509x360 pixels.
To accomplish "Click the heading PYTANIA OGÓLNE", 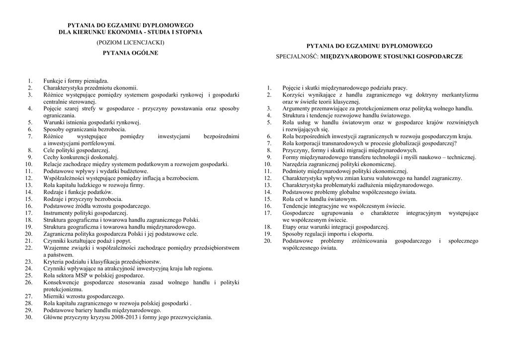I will coord(130,53).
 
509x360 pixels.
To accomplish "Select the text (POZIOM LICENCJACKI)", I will coord(130,43).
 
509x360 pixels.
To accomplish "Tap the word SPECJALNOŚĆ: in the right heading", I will coord(297,57).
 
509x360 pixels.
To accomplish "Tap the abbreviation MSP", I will coord(83,275).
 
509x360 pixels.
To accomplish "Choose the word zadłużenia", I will coord(370,185).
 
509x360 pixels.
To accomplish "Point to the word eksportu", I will coord(361,234).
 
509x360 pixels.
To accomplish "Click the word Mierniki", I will coord(55,296).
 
